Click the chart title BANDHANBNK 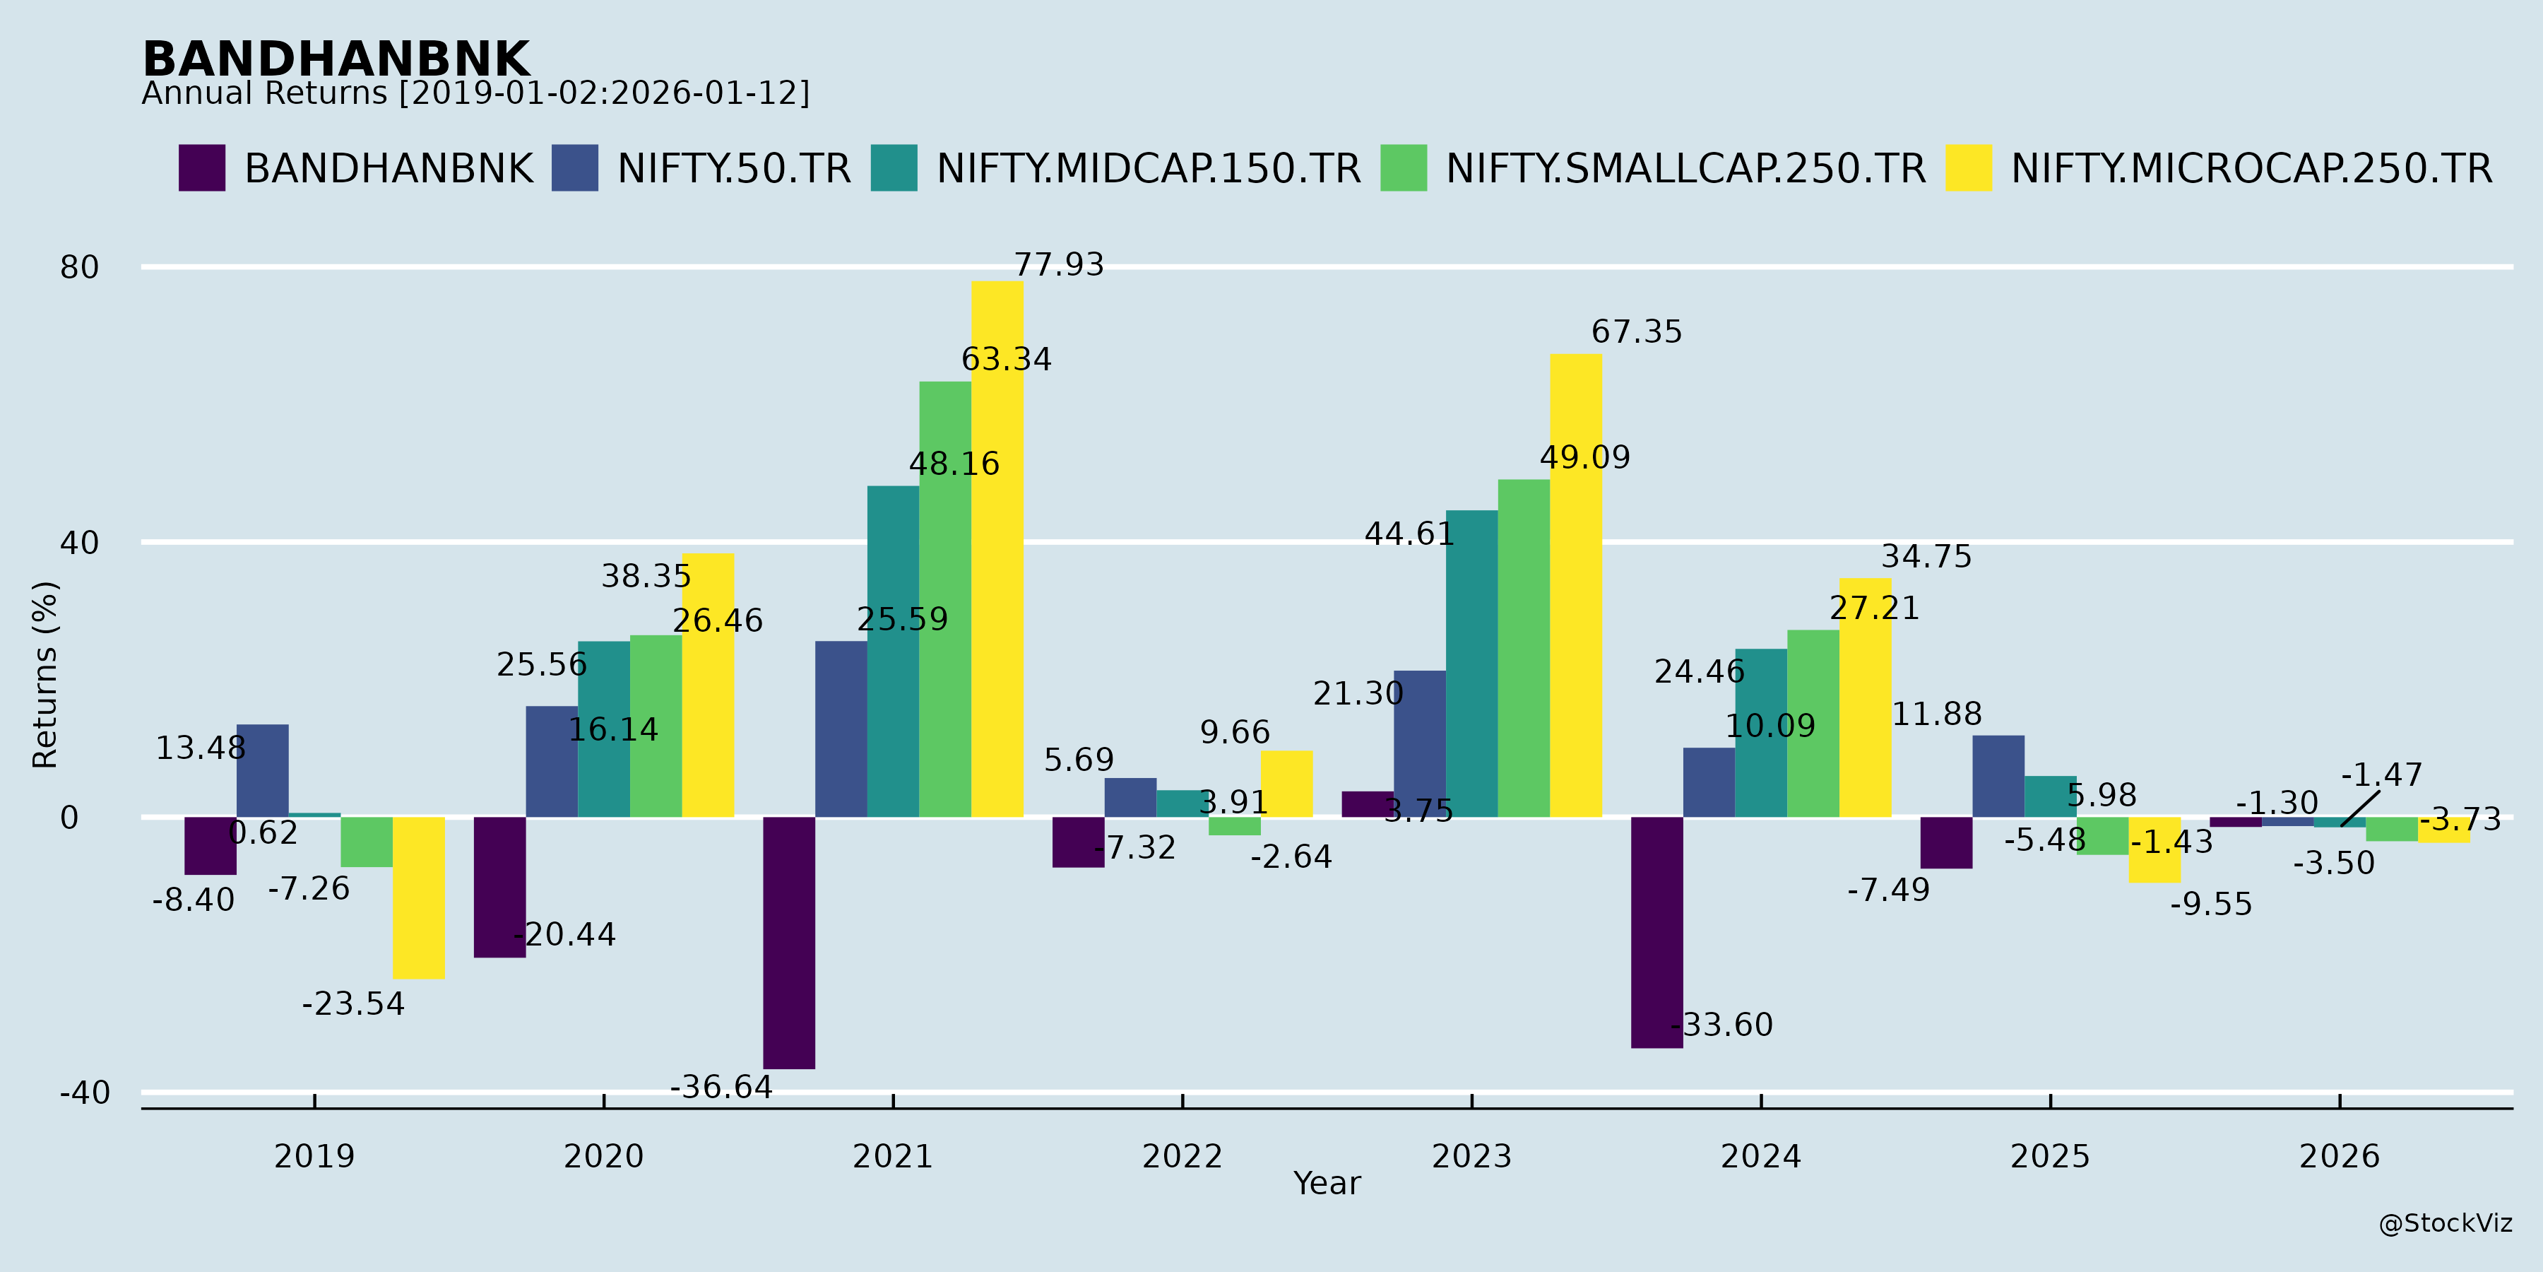pyautogui.click(x=336, y=59)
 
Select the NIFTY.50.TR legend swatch pyautogui.click(x=574, y=168)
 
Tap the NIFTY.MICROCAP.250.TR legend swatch pyautogui.click(x=1969, y=168)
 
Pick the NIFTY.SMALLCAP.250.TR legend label pyautogui.click(x=1685, y=169)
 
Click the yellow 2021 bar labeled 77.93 pyautogui.click(x=997, y=549)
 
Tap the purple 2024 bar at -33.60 pyautogui.click(x=1656, y=932)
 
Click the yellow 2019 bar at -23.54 pyautogui.click(x=419, y=897)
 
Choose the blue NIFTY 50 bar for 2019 pyautogui.click(x=263, y=770)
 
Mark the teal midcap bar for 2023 pyautogui.click(x=1471, y=664)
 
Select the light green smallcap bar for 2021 pyautogui.click(x=944, y=599)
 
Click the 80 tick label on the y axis pyautogui.click(x=80, y=268)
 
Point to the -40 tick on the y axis pyautogui.click(x=85, y=1093)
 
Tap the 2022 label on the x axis pyautogui.click(x=1182, y=1155)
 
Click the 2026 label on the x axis pyautogui.click(x=2339, y=1155)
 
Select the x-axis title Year pyautogui.click(x=1327, y=1183)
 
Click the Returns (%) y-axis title pyautogui.click(x=45, y=675)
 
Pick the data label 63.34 pyautogui.click(x=1006, y=360)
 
